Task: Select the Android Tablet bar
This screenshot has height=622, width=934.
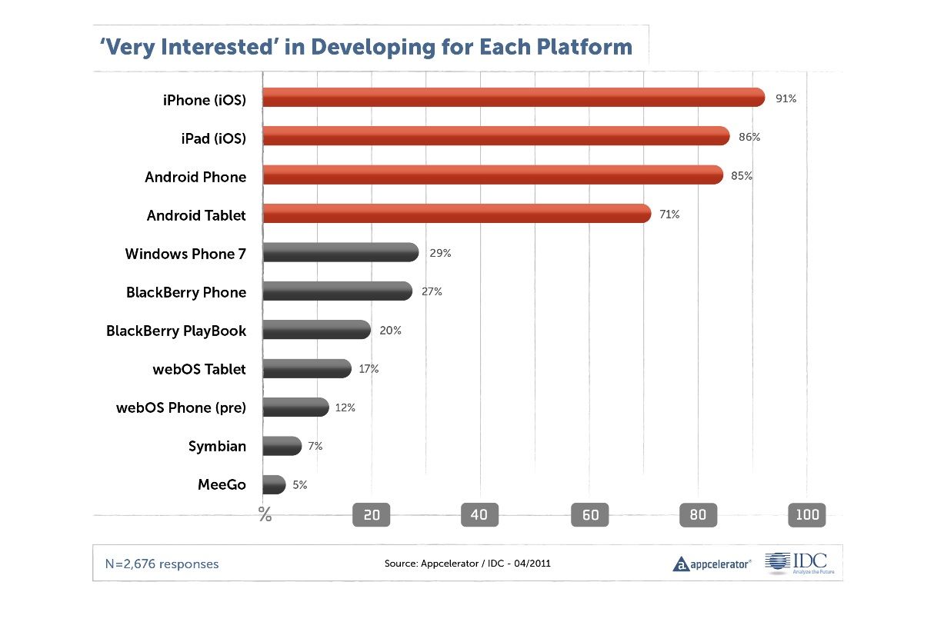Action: pyautogui.click(x=457, y=214)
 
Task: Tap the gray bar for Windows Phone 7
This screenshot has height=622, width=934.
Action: pyautogui.click(x=341, y=253)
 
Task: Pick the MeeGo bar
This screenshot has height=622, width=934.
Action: pyautogui.click(x=274, y=485)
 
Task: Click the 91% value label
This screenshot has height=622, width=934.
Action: pyautogui.click(x=786, y=98)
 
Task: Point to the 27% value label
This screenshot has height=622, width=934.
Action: pyautogui.click(x=432, y=292)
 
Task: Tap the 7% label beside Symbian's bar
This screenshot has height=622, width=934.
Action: pyautogui.click(x=315, y=447)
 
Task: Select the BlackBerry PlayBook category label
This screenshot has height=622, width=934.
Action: pyautogui.click(x=176, y=331)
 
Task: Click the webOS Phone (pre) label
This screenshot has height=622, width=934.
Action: pyautogui.click(x=181, y=407)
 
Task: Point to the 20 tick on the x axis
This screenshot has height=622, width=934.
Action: pyautogui.click(x=372, y=515)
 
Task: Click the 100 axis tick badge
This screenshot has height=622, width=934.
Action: pyautogui.click(x=807, y=515)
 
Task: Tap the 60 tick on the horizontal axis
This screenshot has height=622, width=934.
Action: pyautogui.click(x=590, y=515)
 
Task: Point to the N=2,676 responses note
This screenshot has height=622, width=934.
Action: pyautogui.click(x=162, y=564)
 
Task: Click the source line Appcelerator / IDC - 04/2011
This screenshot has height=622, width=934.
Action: pyautogui.click(x=467, y=564)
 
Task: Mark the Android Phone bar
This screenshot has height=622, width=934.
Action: pyautogui.click(x=492, y=175)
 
